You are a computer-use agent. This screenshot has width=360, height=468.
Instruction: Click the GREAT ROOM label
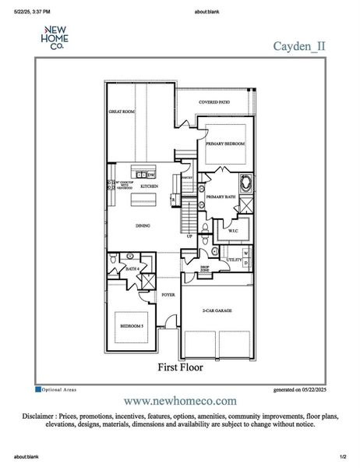coord(121,112)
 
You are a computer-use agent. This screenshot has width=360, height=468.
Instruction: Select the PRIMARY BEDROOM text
coord(225,144)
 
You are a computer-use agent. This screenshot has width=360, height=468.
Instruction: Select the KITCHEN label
coord(149,187)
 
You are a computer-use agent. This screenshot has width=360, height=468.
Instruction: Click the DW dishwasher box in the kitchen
coord(151,175)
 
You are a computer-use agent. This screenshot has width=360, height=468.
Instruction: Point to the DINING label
coord(143,226)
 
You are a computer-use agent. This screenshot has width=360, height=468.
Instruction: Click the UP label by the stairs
coord(189,236)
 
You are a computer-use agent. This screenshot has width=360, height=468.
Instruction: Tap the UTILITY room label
coord(233,259)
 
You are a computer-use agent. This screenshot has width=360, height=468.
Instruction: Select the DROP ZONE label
coord(204,268)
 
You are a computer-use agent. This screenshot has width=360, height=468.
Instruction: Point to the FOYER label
coord(168,296)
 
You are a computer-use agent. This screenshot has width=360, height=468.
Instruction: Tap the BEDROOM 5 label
coord(131,326)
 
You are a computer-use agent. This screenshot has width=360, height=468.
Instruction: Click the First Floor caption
coord(180,367)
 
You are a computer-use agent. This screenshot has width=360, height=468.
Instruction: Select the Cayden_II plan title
coord(298,45)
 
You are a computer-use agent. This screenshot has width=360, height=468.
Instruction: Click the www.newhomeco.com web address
coord(180,399)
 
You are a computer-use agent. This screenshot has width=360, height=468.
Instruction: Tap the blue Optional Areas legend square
coord(37,388)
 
